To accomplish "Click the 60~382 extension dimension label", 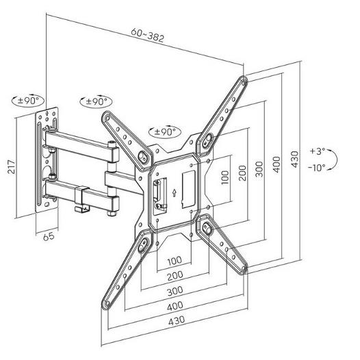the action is [147, 35].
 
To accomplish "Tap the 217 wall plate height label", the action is [12, 166].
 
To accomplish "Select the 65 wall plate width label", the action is [49, 236].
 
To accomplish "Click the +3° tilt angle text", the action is [318, 151].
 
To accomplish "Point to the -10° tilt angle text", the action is [317, 168].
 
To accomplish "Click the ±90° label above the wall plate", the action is [28, 101].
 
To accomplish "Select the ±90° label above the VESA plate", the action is [165, 132].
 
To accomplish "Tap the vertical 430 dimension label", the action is [294, 159].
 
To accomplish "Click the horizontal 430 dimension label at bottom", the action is [177, 320].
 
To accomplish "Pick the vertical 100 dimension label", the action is [225, 177].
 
